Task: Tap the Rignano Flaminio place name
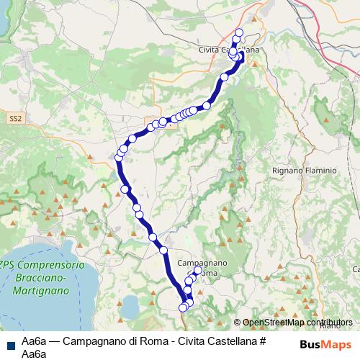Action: click(x=305, y=171)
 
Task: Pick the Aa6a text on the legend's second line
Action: click(x=35, y=354)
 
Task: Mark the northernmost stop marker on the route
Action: click(x=239, y=32)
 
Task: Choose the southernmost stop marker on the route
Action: click(x=183, y=308)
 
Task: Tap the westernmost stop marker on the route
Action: click(x=119, y=157)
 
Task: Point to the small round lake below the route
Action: click(x=130, y=308)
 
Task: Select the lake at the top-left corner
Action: click(x=3, y=18)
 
